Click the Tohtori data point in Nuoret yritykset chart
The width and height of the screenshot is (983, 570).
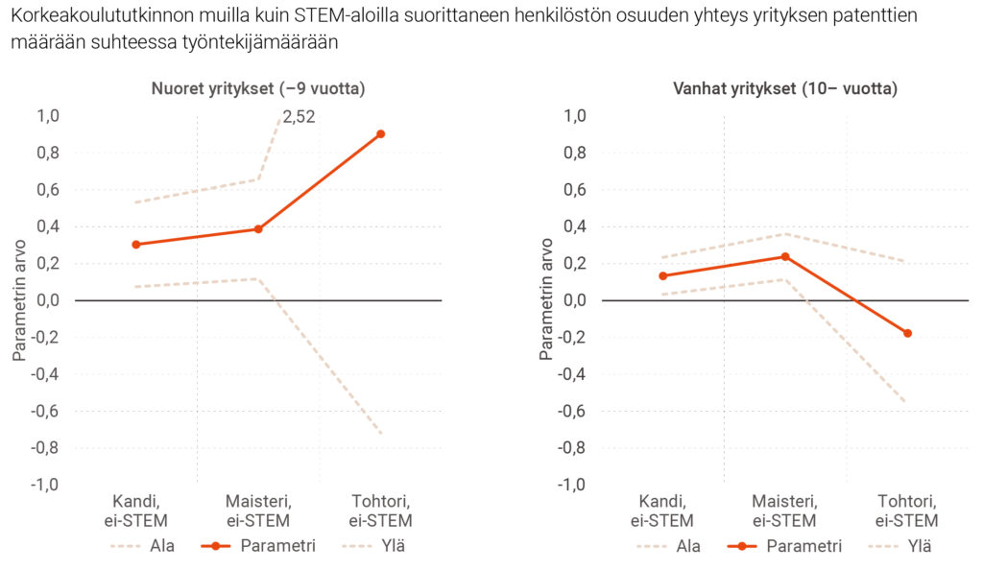click(x=380, y=134)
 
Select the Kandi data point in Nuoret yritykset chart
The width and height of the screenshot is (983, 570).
click(x=136, y=245)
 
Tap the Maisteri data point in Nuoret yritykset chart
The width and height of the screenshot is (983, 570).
click(x=258, y=229)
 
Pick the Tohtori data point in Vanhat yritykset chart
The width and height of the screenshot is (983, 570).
click(x=907, y=333)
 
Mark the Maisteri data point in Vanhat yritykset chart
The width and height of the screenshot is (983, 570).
click(x=785, y=256)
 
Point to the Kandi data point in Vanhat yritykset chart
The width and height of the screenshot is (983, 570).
click(x=662, y=276)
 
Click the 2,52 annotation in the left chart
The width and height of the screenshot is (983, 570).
click(x=299, y=118)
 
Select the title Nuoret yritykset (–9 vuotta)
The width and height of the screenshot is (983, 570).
click(x=258, y=89)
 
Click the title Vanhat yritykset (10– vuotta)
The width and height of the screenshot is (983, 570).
click(x=784, y=89)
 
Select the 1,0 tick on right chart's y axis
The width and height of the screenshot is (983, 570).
click(x=574, y=116)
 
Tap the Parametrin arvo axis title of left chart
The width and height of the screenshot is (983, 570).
click(x=19, y=300)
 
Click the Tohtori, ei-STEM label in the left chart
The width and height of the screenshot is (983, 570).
click(x=380, y=511)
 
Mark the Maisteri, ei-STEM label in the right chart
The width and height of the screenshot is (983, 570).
click(x=784, y=511)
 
